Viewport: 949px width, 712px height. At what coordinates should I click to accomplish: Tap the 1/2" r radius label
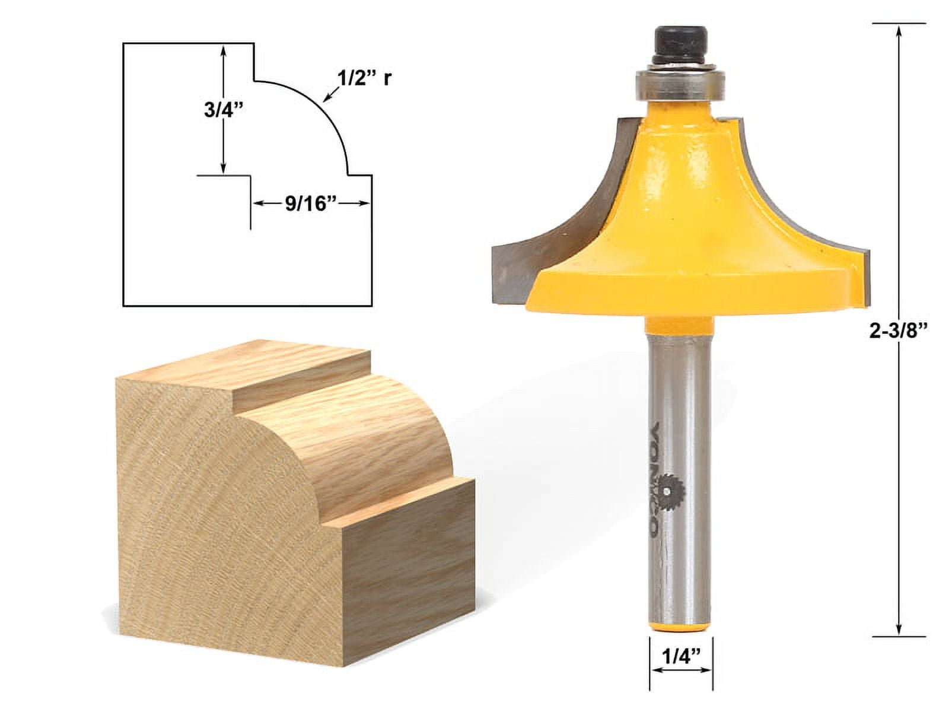click(x=365, y=77)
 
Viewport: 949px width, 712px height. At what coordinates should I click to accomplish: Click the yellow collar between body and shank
click(x=680, y=328)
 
